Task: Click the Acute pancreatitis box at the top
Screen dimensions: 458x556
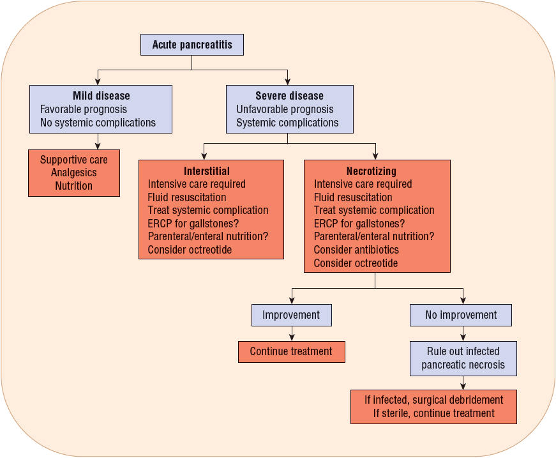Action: (x=192, y=45)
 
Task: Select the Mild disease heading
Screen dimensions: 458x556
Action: (x=101, y=96)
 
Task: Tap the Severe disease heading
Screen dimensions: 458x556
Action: (x=289, y=96)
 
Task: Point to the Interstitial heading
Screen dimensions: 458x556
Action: (x=207, y=171)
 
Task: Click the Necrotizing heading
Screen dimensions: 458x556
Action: (x=371, y=171)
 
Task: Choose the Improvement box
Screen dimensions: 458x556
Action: (x=292, y=315)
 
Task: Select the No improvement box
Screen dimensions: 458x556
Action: (x=461, y=315)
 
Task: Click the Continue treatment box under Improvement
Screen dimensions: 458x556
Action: (x=291, y=351)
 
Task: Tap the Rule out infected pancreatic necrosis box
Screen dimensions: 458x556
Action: (x=463, y=358)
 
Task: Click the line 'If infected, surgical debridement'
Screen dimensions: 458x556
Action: (x=433, y=400)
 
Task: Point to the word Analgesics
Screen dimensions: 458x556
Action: (x=73, y=173)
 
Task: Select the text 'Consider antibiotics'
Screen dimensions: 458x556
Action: (x=356, y=250)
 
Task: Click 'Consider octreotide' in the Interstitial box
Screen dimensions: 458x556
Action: (x=190, y=250)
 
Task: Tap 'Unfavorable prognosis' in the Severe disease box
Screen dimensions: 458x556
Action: (x=285, y=109)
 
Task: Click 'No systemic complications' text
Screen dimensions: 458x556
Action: (x=98, y=123)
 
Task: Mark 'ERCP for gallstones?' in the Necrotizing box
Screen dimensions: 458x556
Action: (x=359, y=224)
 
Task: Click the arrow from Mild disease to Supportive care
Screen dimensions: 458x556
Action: (x=97, y=141)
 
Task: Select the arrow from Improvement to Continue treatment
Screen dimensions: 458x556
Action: (x=292, y=333)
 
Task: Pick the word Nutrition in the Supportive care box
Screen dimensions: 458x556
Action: (x=73, y=187)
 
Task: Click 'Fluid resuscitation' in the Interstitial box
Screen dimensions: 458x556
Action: (x=187, y=197)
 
